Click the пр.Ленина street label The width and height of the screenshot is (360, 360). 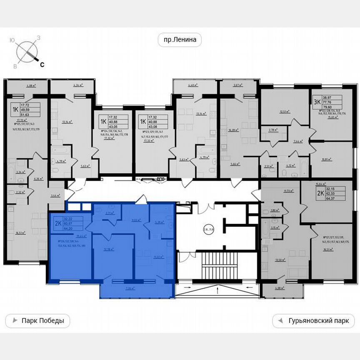180,40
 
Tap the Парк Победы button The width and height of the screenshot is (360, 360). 37,321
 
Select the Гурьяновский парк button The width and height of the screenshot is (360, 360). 313,321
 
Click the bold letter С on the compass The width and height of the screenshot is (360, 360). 42,64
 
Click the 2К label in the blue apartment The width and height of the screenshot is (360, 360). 57,223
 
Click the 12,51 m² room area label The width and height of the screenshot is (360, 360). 285,111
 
